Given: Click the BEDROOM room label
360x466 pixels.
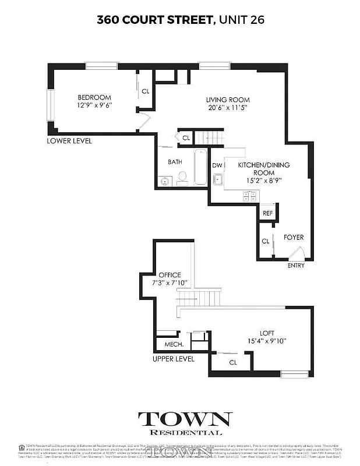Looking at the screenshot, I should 94,97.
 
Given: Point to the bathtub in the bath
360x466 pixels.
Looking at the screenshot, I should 200,167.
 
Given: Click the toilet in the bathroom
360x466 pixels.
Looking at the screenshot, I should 182,177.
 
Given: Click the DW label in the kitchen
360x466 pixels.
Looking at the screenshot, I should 217,165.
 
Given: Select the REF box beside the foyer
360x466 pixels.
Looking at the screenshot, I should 267,214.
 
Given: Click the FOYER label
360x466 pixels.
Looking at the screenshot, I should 294,238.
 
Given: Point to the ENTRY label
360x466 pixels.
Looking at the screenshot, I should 296,266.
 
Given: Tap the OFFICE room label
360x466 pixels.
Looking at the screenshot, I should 170,275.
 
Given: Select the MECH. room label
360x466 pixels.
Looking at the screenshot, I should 174,344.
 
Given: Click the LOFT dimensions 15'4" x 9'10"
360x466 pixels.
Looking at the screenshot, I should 267,341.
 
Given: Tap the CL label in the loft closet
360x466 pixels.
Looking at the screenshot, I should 233,362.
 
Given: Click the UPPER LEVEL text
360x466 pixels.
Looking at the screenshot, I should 173,359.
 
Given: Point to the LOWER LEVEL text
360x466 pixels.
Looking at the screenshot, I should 70,141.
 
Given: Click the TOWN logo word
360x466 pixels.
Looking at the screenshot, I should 185,419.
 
